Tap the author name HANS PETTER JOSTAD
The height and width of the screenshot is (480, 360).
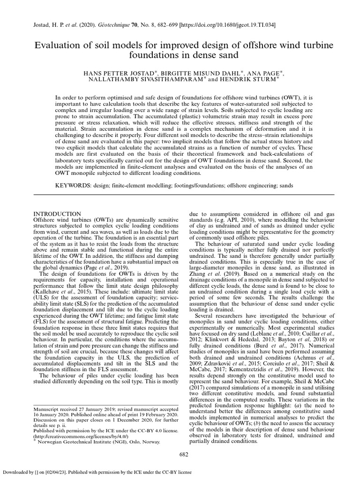click(111, 74)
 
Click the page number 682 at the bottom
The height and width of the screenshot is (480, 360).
click(184, 454)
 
